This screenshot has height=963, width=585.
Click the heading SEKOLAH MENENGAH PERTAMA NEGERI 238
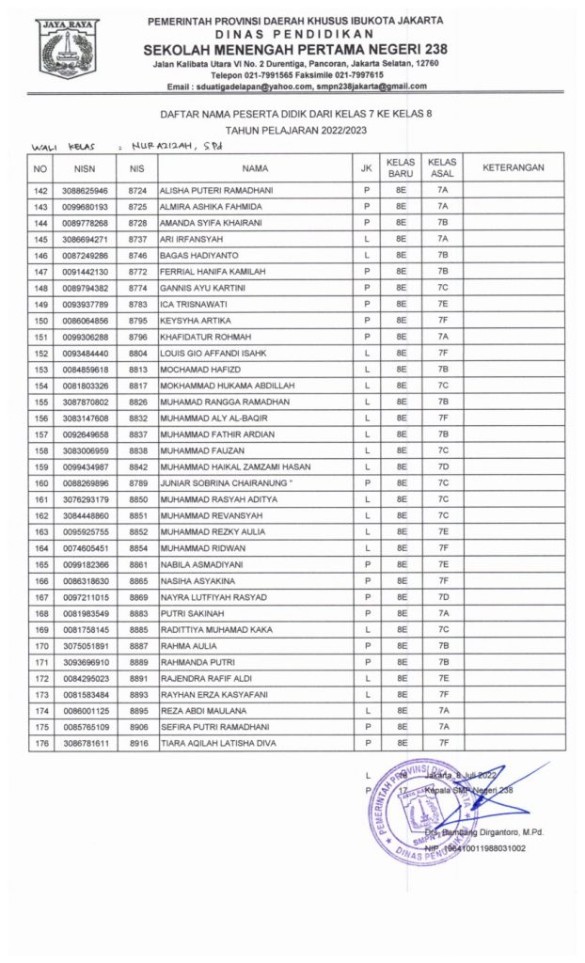click(296, 49)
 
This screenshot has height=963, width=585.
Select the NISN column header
click(86, 168)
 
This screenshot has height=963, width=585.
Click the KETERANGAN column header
click(514, 168)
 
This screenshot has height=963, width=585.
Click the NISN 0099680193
click(86, 206)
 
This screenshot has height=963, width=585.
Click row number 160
click(40, 483)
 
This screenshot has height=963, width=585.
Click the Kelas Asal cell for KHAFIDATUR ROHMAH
click(443, 337)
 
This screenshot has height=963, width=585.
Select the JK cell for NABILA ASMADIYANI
click(366, 565)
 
